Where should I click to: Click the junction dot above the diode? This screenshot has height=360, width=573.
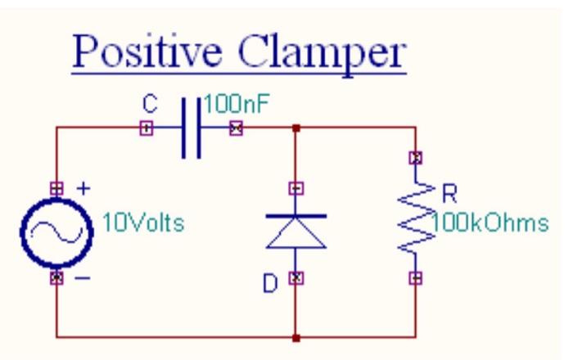[297, 128]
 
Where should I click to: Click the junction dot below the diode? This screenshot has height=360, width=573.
[297, 335]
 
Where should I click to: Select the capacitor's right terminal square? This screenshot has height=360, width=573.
[237, 128]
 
